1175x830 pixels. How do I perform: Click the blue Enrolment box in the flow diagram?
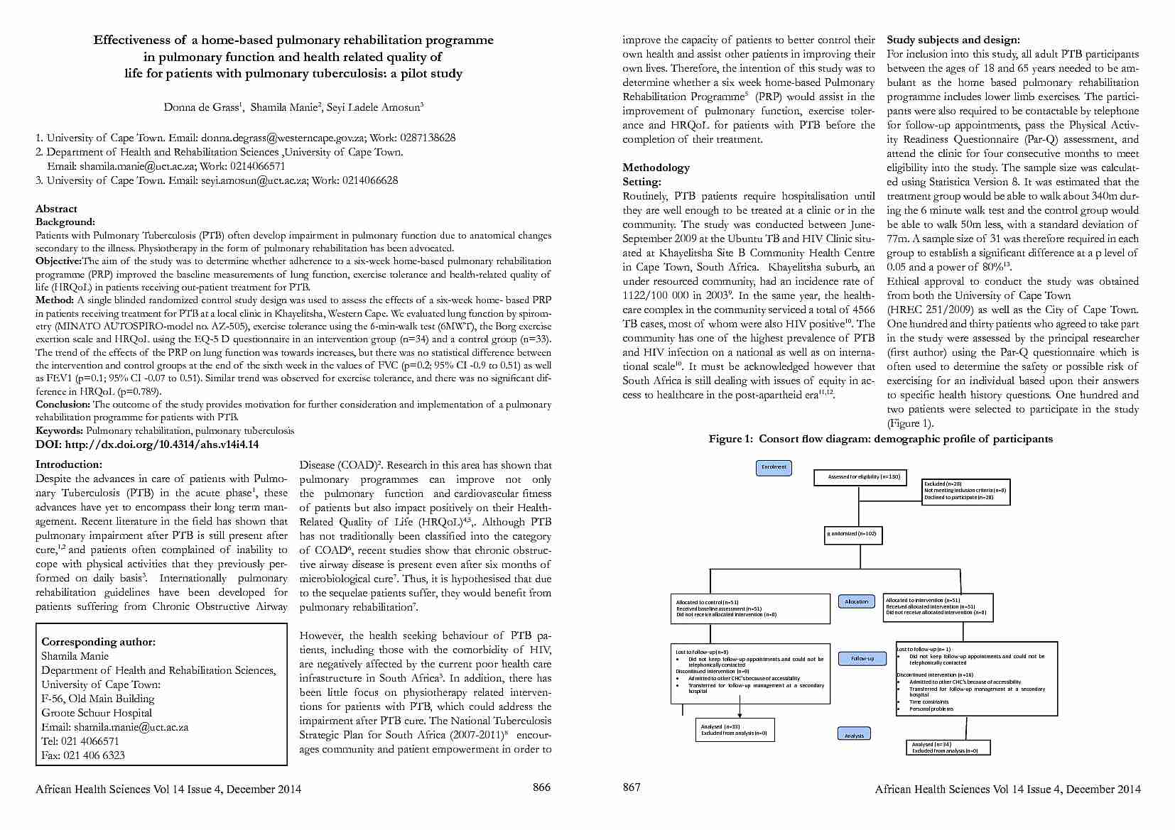[774, 467]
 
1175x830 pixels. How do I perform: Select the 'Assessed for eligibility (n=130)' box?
[864, 477]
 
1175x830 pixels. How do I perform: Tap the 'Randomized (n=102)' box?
[852, 533]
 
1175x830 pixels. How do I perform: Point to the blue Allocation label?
[856, 601]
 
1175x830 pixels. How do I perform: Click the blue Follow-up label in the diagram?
[862, 659]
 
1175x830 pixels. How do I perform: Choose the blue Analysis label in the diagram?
[854, 735]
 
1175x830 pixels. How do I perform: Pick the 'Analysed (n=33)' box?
[735, 730]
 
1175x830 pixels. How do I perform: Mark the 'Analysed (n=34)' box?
[948, 748]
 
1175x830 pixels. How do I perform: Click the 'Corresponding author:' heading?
[98, 642]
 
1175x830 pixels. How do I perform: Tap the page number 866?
[541, 787]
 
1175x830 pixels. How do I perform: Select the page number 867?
[632, 787]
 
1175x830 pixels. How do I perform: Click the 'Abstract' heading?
[56, 209]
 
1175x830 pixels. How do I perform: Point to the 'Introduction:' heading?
[69, 465]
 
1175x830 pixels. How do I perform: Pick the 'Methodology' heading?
[656, 168]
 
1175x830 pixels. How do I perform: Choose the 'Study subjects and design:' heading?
[953, 40]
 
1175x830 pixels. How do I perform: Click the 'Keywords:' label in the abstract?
[60, 431]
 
